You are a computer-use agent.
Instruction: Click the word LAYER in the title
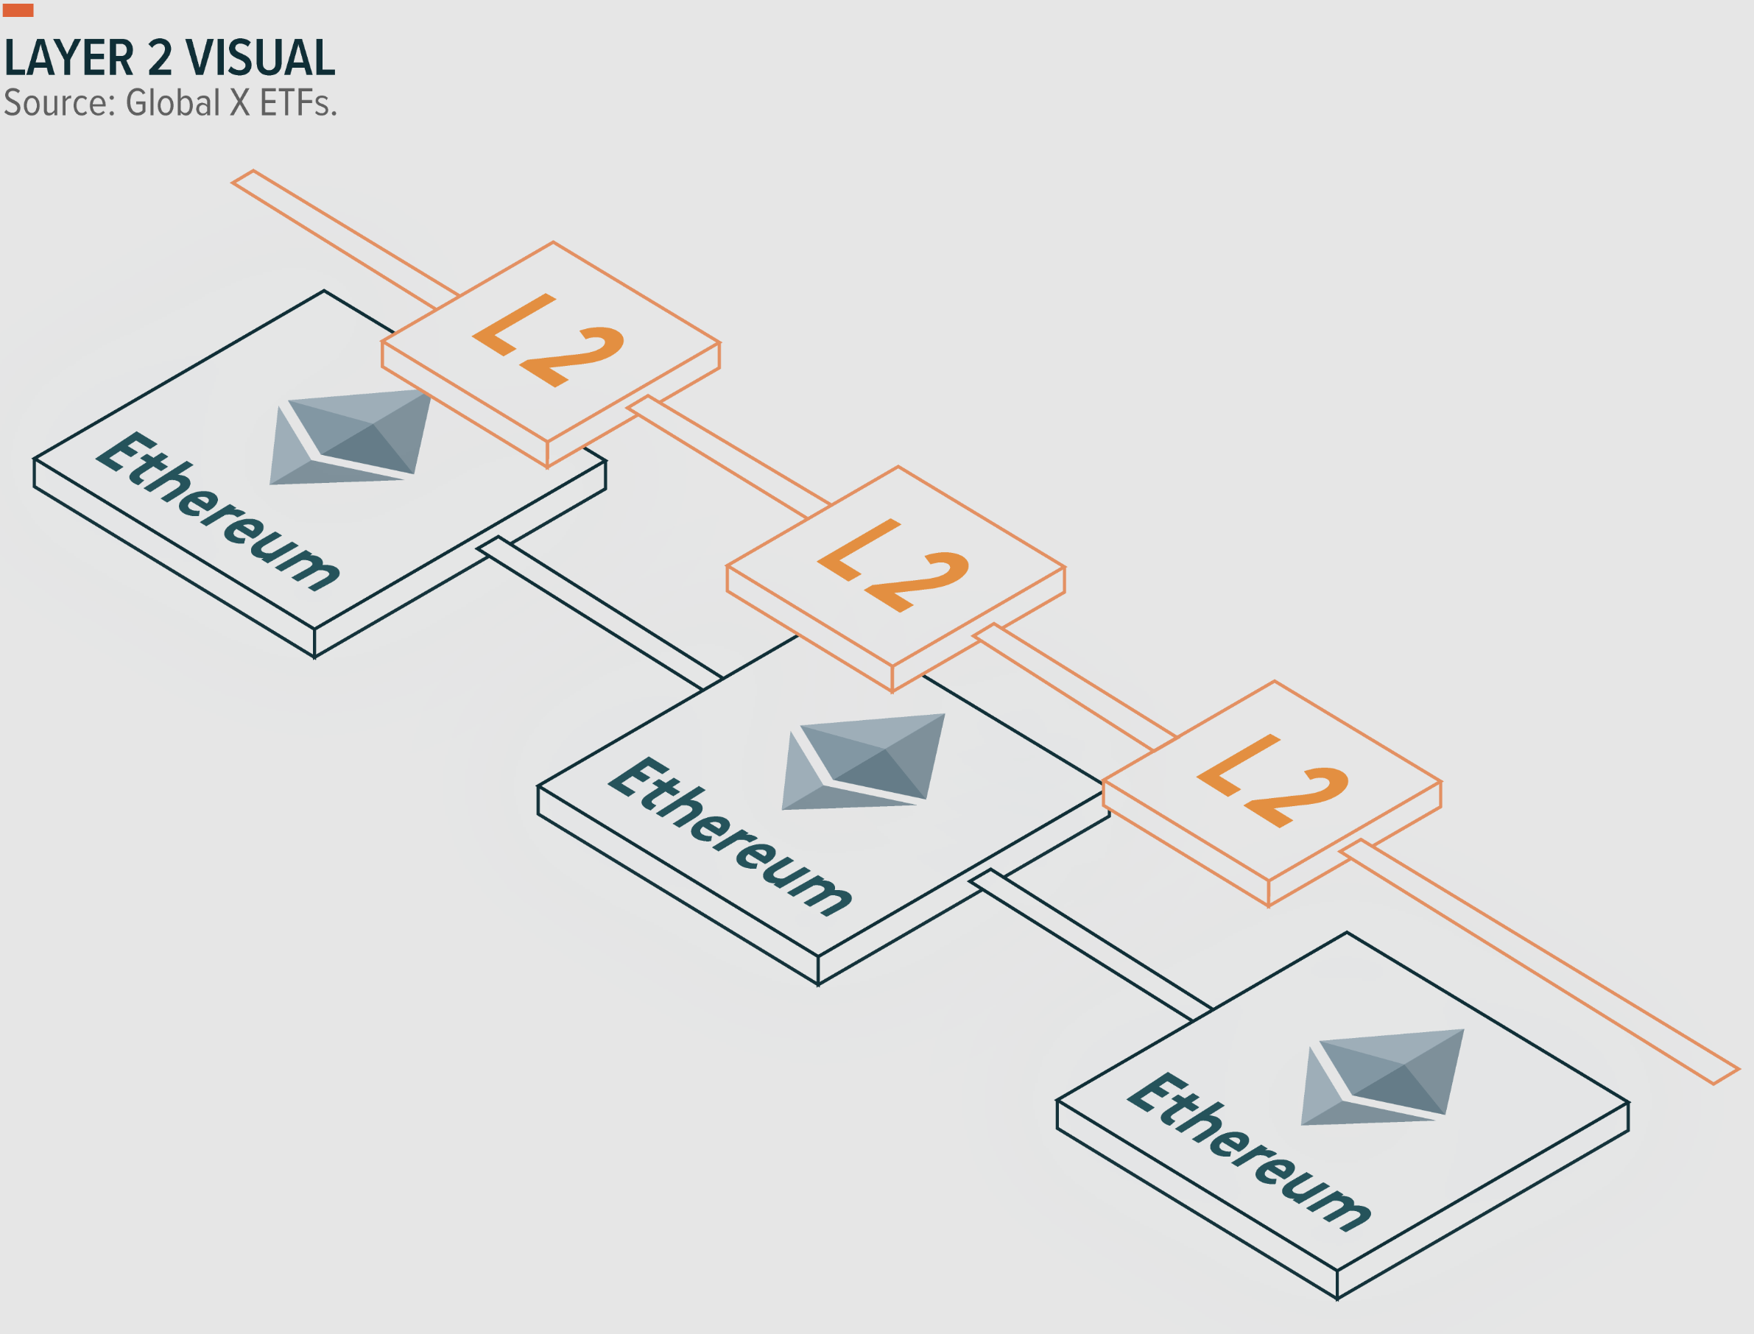[70, 58]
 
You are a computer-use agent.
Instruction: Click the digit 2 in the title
[160, 58]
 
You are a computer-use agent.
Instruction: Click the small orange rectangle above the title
[18, 10]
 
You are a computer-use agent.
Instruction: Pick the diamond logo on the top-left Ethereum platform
[349, 437]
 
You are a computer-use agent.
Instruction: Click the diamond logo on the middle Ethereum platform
[863, 761]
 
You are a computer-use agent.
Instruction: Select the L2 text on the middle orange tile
[893, 565]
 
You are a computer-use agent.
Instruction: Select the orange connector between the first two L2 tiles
[728, 456]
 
